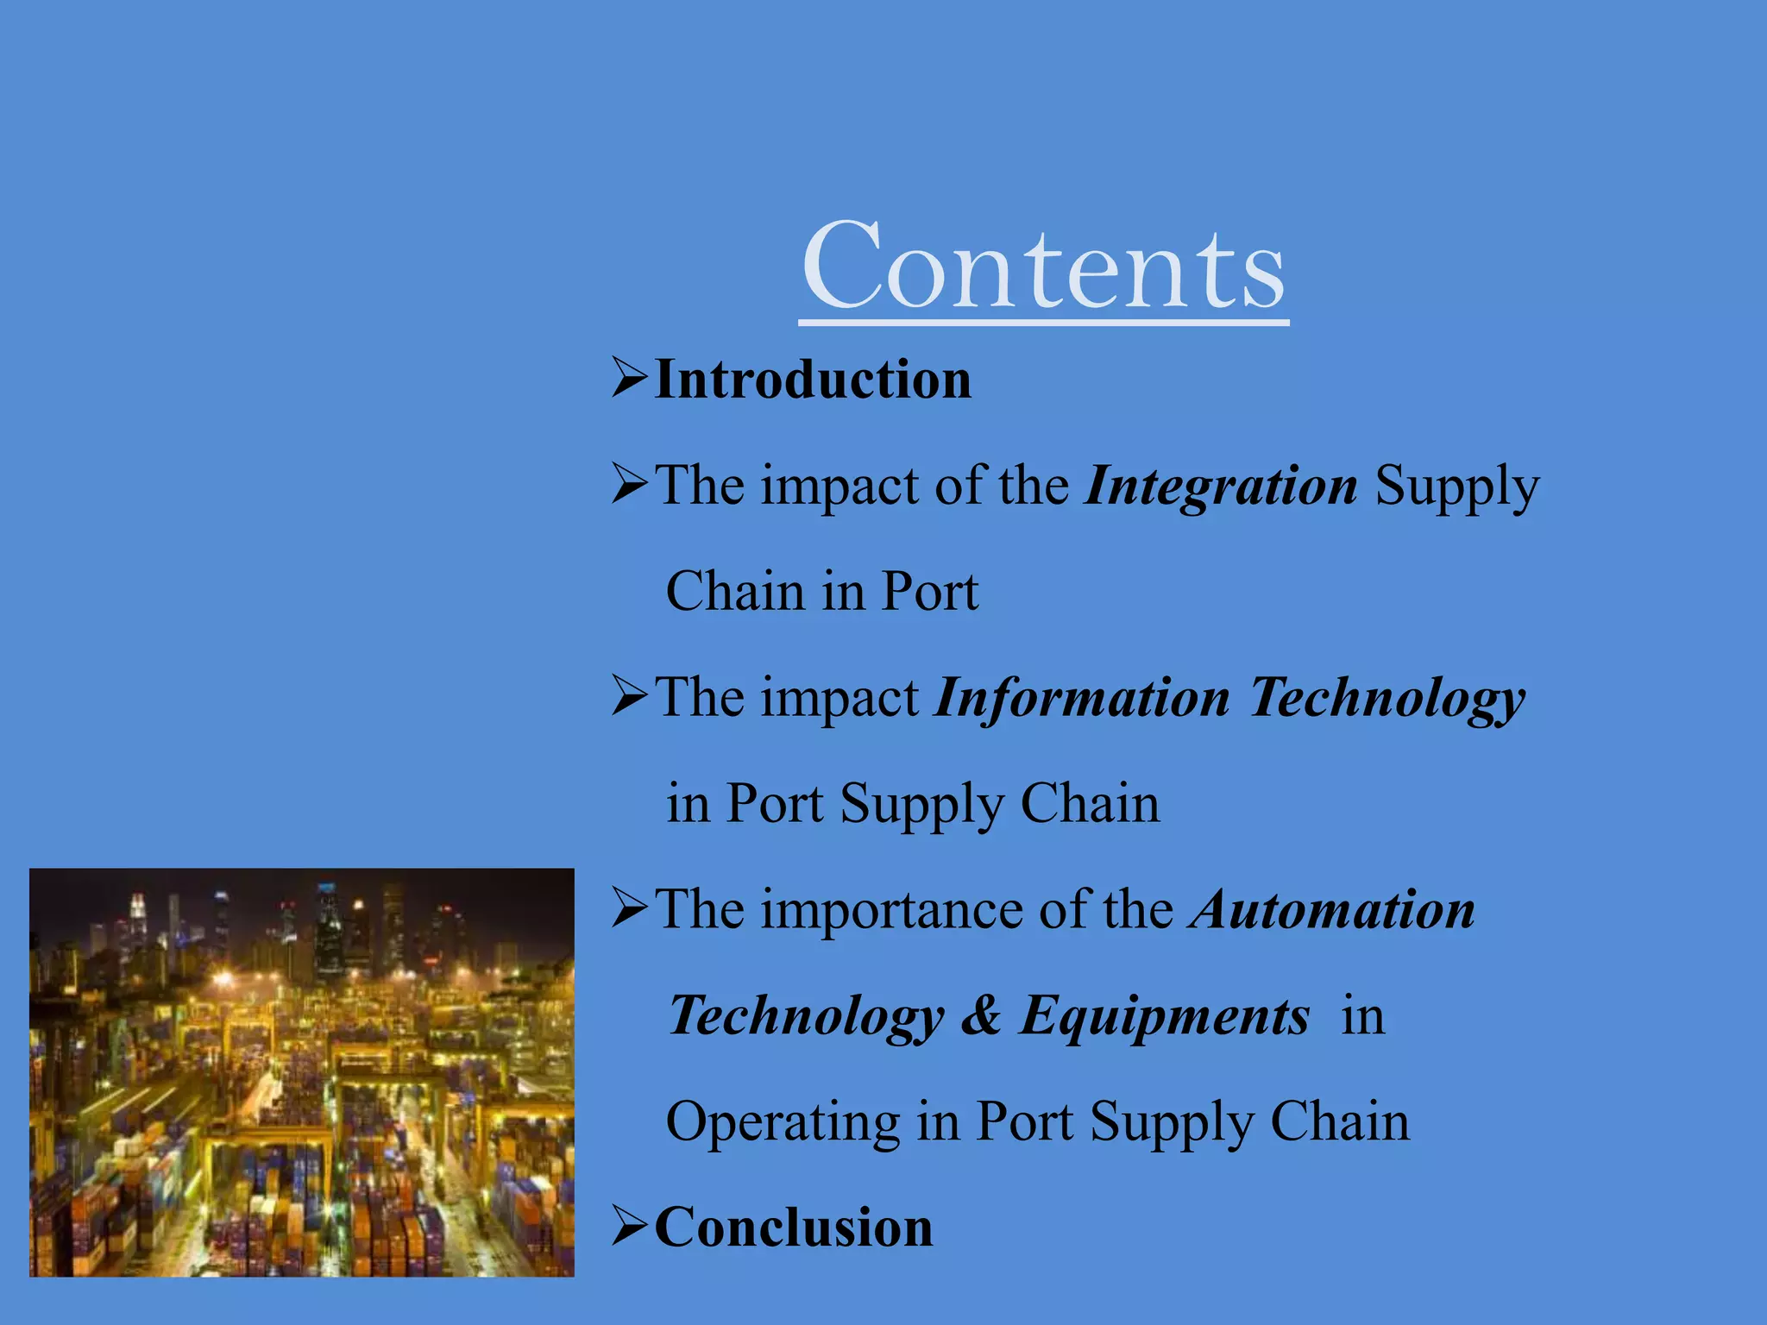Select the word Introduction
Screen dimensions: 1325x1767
[x=813, y=380]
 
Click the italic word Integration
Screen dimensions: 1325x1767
[x=1222, y=487]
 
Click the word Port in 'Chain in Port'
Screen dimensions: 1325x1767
[x=929, y=593]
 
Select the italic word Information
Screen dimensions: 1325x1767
[x=1083, y=698]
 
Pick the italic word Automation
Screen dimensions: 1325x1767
[x=1332, y=910]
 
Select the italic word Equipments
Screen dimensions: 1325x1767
[x=1165, y=1017]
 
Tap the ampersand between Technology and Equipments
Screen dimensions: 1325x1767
[x=981, y=1015]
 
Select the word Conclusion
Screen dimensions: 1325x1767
[x=794, y=1228]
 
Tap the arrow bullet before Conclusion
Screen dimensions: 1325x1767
[x=629, y=1226]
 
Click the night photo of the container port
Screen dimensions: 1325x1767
[x=301, y=1072]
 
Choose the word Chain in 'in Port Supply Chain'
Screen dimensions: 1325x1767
[x=1090, y=804]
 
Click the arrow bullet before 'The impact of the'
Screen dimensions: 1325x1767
[x=629, y=484]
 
